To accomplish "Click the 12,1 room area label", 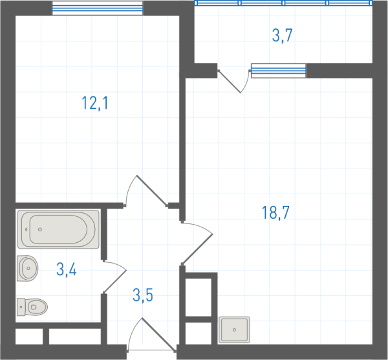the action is coord(95,103).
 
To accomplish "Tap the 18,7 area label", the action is coord(275,212).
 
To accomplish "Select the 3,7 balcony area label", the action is coord(283,36).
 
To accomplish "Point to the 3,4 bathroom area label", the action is coord(67,269).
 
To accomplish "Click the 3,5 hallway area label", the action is coord(143,295).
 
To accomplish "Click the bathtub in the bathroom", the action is coord(58,229).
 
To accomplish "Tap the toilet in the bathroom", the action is coord(32,307).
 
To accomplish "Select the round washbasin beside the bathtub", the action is coord(27,268).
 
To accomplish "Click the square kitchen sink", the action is coord(234,330).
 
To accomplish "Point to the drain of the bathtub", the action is coord(40,229).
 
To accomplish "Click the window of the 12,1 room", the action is coord(98,8).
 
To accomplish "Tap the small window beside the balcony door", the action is coord(279,71).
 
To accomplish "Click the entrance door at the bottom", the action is coord(151,335).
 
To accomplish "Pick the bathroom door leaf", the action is coord(115,277).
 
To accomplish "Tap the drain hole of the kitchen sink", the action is coord(234,330).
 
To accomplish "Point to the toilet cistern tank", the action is coord(21,307).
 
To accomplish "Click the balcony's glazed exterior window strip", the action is coord(283,3).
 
